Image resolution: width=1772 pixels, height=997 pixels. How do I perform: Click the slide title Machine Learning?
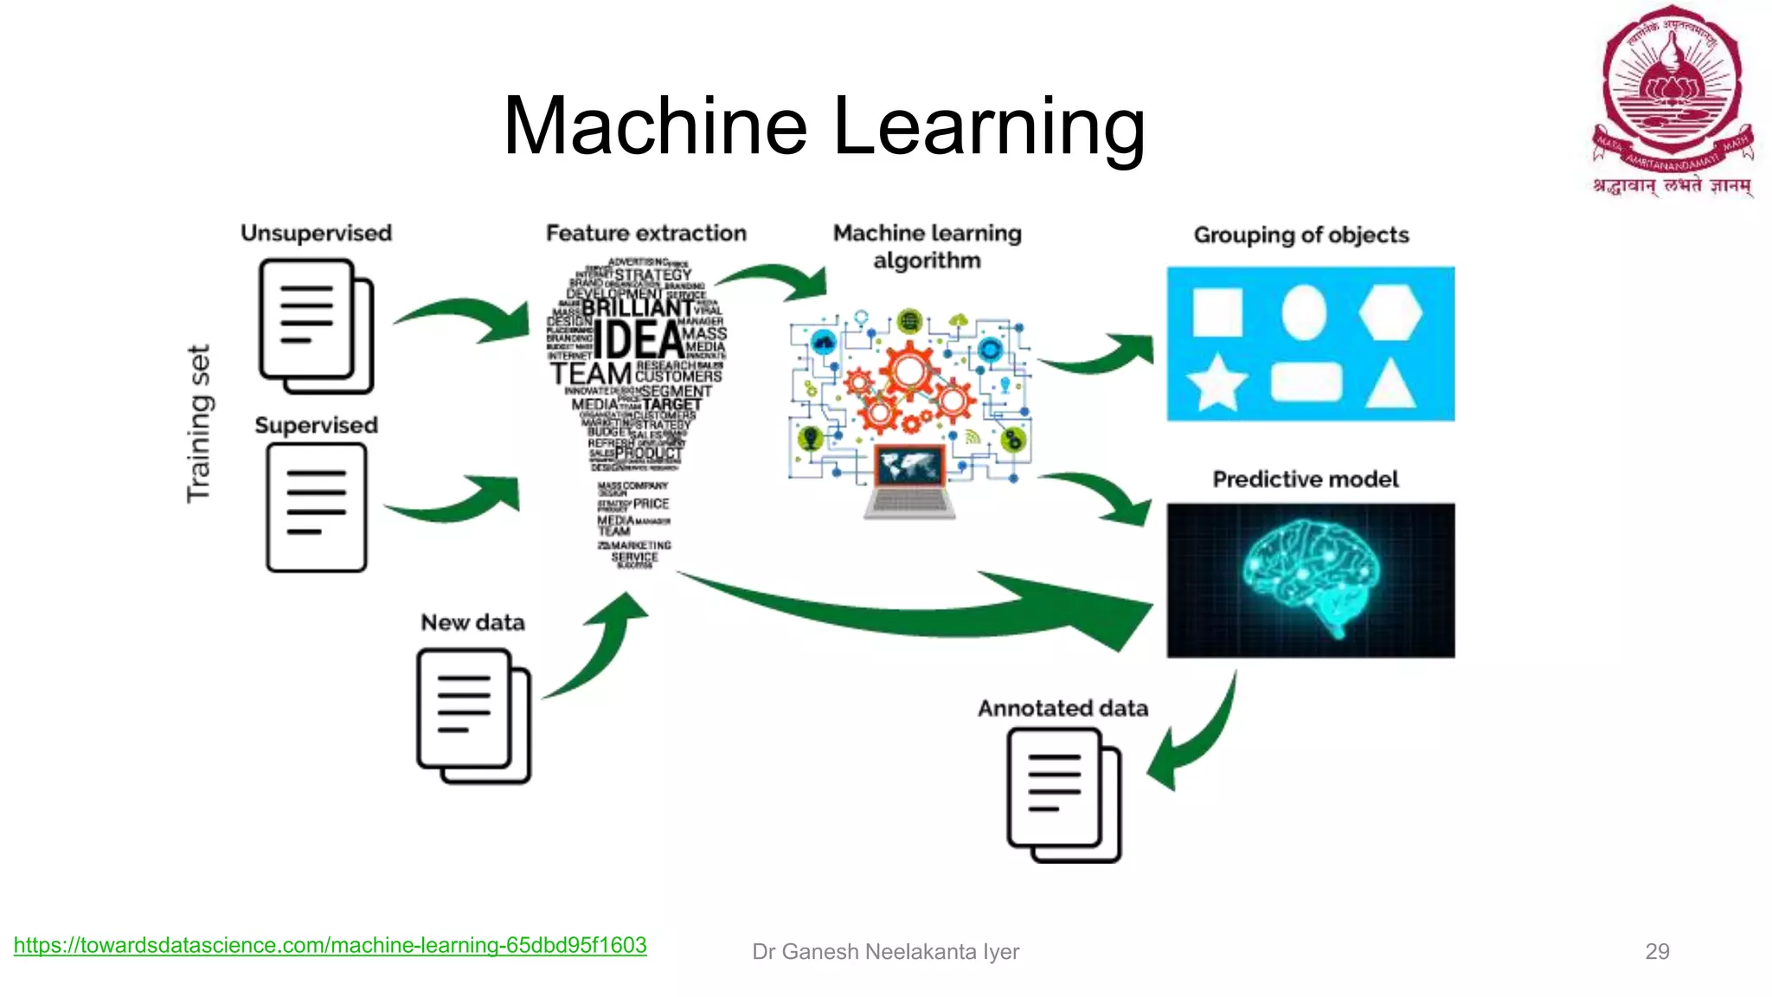pos(824,126)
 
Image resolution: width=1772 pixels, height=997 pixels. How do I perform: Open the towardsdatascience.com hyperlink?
pos(330,945)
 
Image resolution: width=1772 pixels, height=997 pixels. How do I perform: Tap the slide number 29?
pos(1656,951)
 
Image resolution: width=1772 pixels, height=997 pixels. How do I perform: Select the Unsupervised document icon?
pos(316,325)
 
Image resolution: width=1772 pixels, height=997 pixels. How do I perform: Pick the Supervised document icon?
pos(316,507)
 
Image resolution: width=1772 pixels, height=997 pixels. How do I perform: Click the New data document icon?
pos(473,716)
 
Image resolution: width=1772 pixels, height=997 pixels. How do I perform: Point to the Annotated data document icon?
pos(1063,794)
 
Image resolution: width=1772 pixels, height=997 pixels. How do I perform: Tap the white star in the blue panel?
pos(1217,383)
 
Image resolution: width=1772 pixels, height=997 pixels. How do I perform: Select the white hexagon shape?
pos(1390,312)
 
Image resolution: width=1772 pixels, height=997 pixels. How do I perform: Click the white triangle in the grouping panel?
pos(1390,384)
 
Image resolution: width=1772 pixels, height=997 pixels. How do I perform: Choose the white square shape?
pos(1217,312)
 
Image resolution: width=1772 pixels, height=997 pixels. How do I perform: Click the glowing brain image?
pos(1310,580)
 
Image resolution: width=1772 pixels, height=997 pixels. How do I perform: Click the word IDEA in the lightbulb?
pos(638,339)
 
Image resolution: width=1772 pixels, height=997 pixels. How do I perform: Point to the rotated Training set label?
pos(199,423)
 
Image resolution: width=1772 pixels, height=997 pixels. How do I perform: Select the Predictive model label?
pos(1305,479)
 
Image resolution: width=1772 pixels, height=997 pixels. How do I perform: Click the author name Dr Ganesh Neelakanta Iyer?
pos(885,951)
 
